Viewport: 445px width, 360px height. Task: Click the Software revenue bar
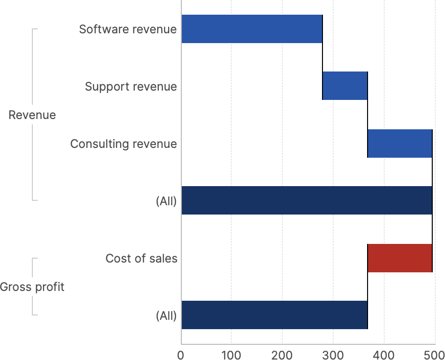(x=252, y=29)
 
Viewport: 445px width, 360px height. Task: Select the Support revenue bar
(x=345, y=86)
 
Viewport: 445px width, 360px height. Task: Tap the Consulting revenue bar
(x=399, y=144)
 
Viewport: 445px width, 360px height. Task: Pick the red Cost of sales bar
(x=399, y=258)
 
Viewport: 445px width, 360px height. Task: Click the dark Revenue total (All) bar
(x=307, y=200)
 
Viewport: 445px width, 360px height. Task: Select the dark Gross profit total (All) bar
(x=274, y=315)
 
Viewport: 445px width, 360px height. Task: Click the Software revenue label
(x=127, y=29)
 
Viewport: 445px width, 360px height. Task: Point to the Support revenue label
(x=130, y=87)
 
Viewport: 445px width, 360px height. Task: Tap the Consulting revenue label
(x=123, y=144)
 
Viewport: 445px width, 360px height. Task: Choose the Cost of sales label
(x=141, y=258)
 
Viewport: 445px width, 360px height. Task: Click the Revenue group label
(x=32, y=115)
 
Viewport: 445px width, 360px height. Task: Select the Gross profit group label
(x=32, y=287)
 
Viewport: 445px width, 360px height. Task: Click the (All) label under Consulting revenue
(x=166, y=201)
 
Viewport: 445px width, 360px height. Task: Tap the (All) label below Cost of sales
(x=166, y=315)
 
